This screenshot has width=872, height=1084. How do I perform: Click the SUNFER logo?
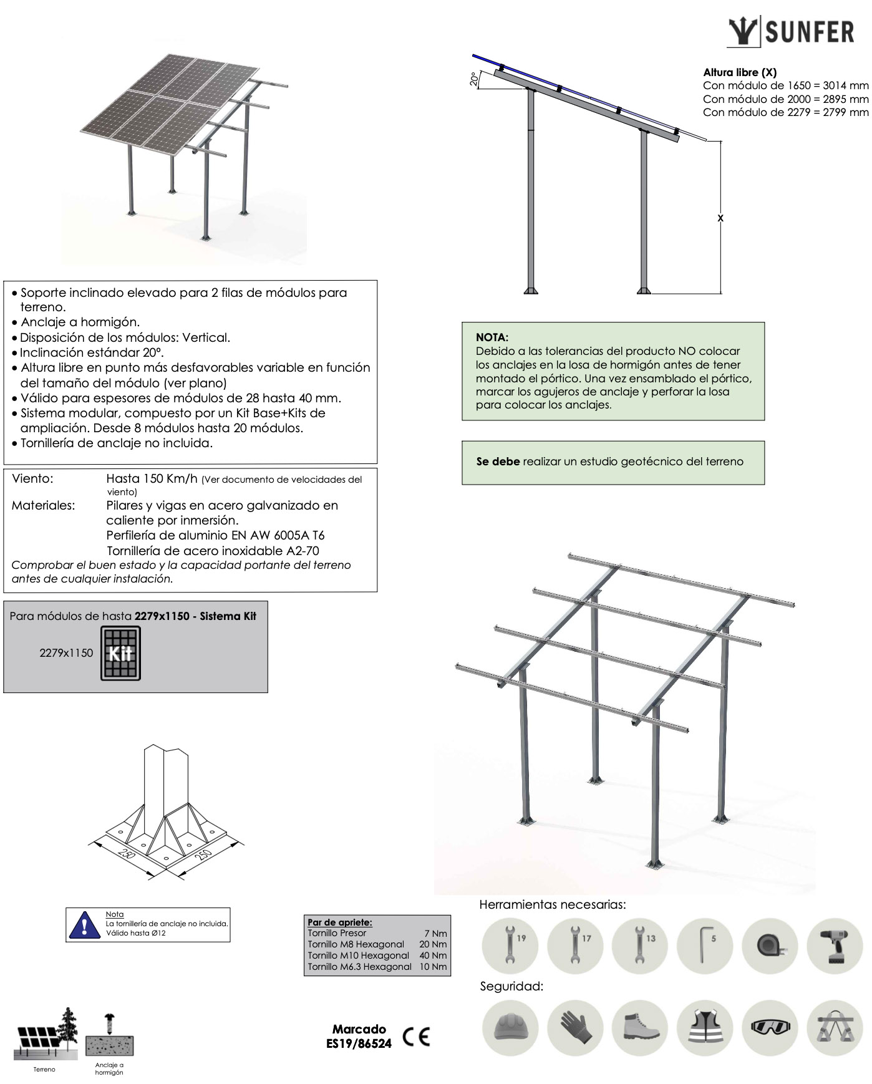[791, 32]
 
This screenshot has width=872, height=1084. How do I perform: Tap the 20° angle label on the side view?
[474, 79]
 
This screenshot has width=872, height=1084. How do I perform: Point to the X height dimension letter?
[720, 218]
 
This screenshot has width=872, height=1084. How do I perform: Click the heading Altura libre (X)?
[740, 72]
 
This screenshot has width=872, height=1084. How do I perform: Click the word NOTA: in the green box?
[492, 337]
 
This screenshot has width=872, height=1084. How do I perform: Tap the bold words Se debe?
[498, 462]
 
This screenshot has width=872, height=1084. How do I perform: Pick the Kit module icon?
[120, 654]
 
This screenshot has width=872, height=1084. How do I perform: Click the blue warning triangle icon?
[84, 924]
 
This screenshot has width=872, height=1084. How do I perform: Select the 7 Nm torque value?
[435, 934]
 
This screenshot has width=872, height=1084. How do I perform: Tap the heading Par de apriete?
[339, 922]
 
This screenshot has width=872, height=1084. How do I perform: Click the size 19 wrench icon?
[510, 946]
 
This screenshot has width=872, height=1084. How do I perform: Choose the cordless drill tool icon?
[835, 946]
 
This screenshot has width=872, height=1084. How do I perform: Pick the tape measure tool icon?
[770, 946]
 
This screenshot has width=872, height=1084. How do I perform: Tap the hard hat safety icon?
[510, 1027]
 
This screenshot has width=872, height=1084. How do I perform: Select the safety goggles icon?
[770, 1027]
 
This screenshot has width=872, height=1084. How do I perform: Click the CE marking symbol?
[416, 1037]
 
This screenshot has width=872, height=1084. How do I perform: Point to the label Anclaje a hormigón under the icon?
[109, 1068]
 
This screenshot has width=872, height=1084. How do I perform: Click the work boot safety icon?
[640, 1027]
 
